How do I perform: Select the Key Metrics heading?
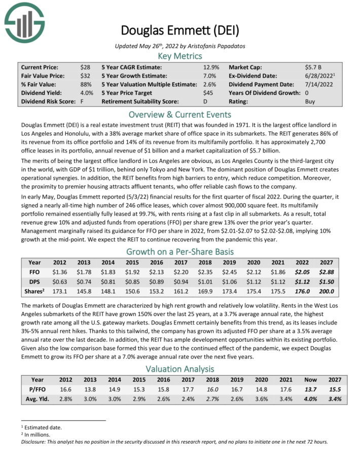[179, 56]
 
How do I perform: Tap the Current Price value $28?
[85, 67]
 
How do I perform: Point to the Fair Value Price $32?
[85, 76]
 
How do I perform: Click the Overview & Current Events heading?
[179, 114]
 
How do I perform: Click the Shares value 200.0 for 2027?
[327, 291]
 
